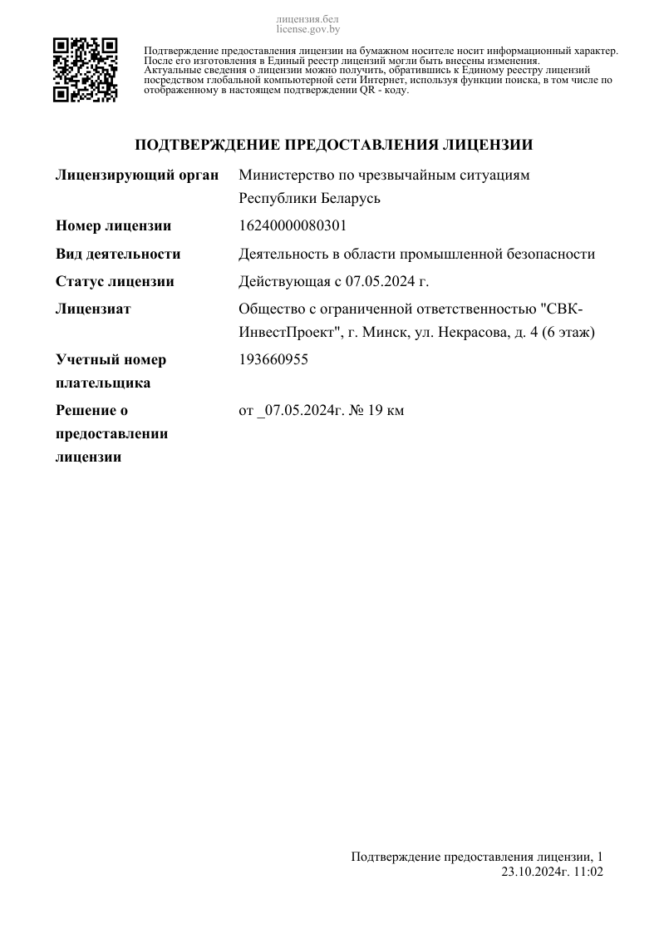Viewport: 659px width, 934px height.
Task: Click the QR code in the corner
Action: tap(85, 70)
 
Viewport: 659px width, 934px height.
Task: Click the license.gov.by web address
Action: tap(308, 28)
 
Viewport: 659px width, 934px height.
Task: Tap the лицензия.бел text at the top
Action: tap(307, 19)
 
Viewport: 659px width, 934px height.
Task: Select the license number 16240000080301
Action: tap(293, 226)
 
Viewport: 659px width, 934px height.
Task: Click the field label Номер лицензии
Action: tap(113, 226)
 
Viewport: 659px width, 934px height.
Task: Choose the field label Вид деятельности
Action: tap(118, 254)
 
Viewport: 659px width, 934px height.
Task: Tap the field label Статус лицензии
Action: tap(115, 281)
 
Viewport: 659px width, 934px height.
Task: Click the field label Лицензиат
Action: tap(93, 309)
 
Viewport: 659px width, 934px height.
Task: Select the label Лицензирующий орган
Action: tap(137, 175)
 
